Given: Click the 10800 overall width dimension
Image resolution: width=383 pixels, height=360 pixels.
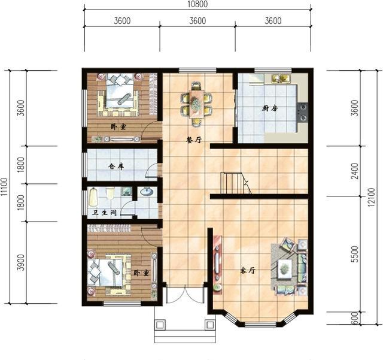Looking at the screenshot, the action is [197, 4].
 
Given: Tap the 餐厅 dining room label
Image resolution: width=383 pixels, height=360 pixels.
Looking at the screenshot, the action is [194, 140].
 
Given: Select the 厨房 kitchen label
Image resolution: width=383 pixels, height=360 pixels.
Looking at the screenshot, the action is [270, 108].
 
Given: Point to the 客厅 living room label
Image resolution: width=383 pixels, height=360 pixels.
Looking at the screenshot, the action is [248, 271].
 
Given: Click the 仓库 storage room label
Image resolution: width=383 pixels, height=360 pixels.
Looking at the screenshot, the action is [116, 167].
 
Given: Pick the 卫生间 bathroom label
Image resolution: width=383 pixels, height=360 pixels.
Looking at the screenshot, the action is [104, 213].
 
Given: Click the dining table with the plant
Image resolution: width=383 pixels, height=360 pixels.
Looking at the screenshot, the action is [196, 104].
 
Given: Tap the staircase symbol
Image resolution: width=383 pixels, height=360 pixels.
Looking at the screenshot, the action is [236, 183].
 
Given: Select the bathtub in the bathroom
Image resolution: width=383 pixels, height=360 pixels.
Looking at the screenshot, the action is [93, 197].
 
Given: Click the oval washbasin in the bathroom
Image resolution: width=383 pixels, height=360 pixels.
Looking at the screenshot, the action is [147, 192].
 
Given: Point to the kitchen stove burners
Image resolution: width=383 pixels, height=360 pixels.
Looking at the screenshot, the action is [303, 112].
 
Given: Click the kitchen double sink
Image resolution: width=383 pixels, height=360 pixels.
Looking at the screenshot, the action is [281, 78].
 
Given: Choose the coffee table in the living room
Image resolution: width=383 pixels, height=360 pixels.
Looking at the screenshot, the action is [285, 269].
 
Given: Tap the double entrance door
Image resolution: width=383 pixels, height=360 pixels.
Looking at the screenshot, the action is [185, 295].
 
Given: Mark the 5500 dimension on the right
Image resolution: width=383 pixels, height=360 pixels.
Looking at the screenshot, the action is [355, 254].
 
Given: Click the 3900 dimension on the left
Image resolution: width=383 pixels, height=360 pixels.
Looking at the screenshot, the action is [22, 262].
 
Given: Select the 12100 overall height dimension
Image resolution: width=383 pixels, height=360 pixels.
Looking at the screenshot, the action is [371, 197].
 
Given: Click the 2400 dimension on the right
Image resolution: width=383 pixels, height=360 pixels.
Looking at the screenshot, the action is [355, 171].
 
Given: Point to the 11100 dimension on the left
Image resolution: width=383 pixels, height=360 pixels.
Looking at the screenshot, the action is [4, 187].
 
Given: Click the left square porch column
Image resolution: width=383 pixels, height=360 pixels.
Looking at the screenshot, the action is [160, 325].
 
